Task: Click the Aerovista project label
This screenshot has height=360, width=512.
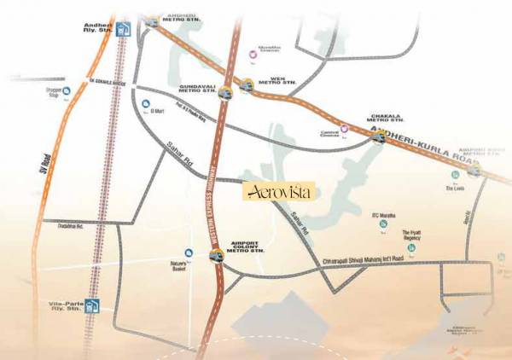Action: [x=278, y=192]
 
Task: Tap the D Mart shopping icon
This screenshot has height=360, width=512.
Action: [x=144, y=105]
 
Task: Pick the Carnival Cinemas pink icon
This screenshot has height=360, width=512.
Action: [x=345, y=130]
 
